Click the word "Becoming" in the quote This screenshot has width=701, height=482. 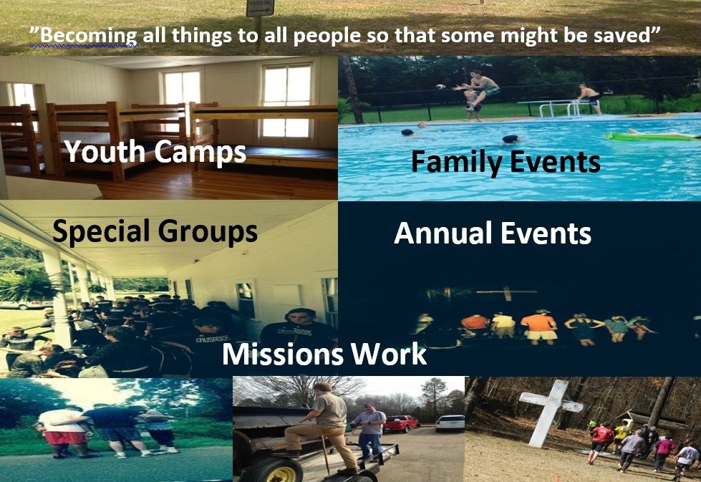click(89, 36)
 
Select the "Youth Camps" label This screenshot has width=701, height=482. click(155, 151)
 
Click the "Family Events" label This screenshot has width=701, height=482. click(506, 161)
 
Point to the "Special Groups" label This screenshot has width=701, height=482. click(155, 231)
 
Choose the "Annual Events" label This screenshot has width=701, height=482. click(493, 233)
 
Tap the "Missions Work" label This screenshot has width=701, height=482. click(324, 354)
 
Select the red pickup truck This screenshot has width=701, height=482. click(400, 423)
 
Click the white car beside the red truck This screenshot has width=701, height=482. click(450, 423)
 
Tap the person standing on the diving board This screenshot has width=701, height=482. click(590, 98)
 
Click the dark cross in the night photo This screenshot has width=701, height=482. click(506, 294)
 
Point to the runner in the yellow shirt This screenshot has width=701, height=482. click(621, 436)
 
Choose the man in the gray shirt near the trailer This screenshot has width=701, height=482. click(370, 430)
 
